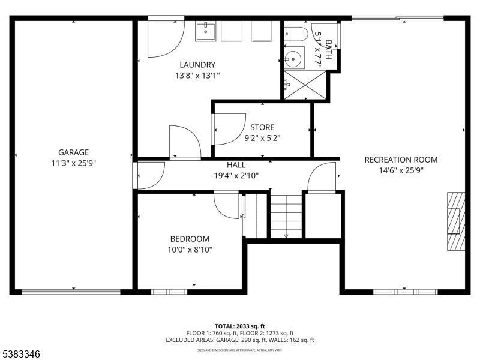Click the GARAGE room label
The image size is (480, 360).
[x=73, y=152]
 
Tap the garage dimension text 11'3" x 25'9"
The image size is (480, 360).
[x=73, y=163]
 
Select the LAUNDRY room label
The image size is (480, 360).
[x=197, y=65]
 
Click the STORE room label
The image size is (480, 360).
[x=262, y=127]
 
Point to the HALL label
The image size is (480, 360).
[x=236, y=165]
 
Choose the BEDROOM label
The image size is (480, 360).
[x=189, y=239]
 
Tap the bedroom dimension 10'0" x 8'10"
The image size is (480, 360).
[x=189, y=250]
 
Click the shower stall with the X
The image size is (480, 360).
[x=305, y=85]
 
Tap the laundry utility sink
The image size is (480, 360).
[x=206, y=31]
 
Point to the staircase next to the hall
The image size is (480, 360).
[x=286, y=216]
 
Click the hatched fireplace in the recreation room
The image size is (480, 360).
[x=455, y=221]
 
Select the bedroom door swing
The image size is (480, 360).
[x=226, y=205]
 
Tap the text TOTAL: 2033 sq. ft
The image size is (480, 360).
[x=239, y=326]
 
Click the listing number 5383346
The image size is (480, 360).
[x=22, y=355]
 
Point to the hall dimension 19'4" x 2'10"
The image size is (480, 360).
[x=236, y=176]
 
